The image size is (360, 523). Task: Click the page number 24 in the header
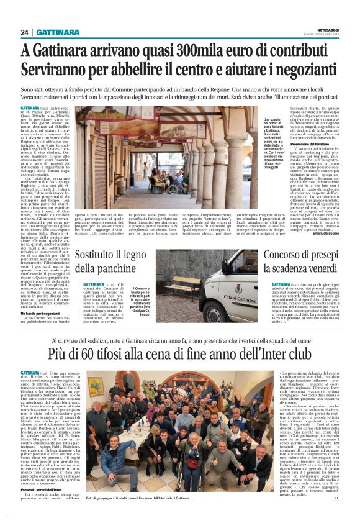25,32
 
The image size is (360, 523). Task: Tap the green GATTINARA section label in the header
57,32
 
